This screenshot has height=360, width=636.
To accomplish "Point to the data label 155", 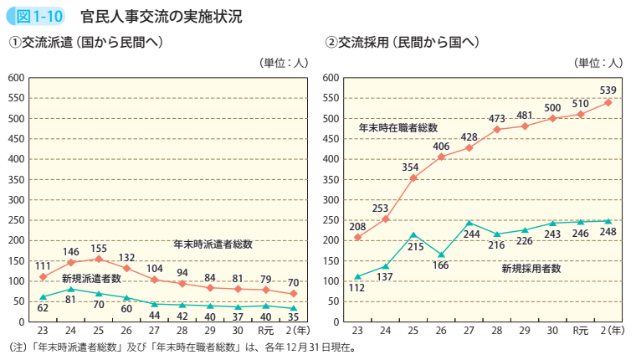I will tap(99, 248).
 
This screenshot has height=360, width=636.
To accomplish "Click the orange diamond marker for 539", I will tap(608, 103).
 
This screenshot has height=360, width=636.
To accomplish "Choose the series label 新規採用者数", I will tap(531, 269).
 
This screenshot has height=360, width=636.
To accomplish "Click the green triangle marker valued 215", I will tap(413, 235).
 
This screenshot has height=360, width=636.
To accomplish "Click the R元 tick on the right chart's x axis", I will tap(581, 332).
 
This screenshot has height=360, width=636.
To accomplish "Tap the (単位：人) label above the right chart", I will tap(598, 62).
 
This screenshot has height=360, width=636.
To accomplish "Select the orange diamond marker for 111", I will tap(43, 276).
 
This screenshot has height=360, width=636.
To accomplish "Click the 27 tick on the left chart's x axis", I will tap(155, 332).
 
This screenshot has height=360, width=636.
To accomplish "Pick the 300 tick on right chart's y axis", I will tap(329, 200).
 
